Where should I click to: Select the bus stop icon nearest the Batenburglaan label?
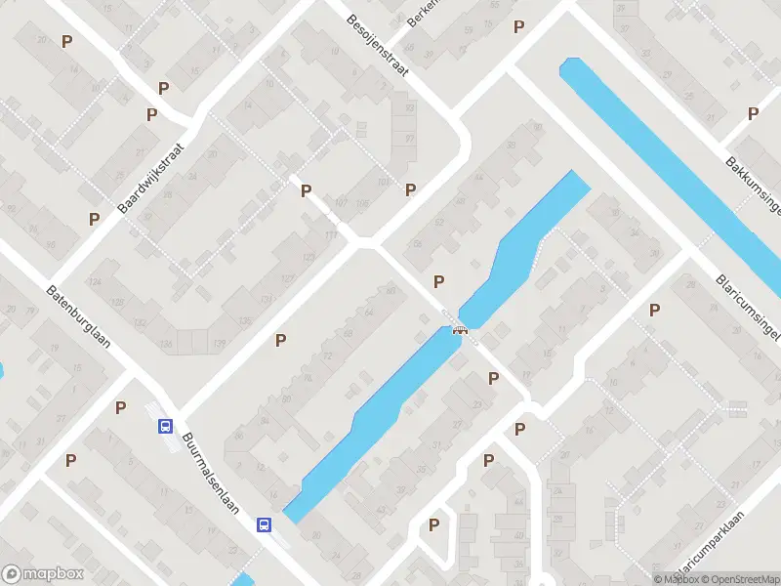pos(165,426)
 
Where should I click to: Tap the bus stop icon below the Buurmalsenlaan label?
pos(264,524)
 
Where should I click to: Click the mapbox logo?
pos(43,574)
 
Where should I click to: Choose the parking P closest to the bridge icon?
pos(439,281)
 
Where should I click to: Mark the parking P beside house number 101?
pos(411,189)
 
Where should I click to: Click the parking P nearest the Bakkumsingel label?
pos(753,113)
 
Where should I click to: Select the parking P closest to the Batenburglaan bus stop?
pos(121,407)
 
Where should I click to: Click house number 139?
pos(219,344)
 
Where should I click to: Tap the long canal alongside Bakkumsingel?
pos(674,166)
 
